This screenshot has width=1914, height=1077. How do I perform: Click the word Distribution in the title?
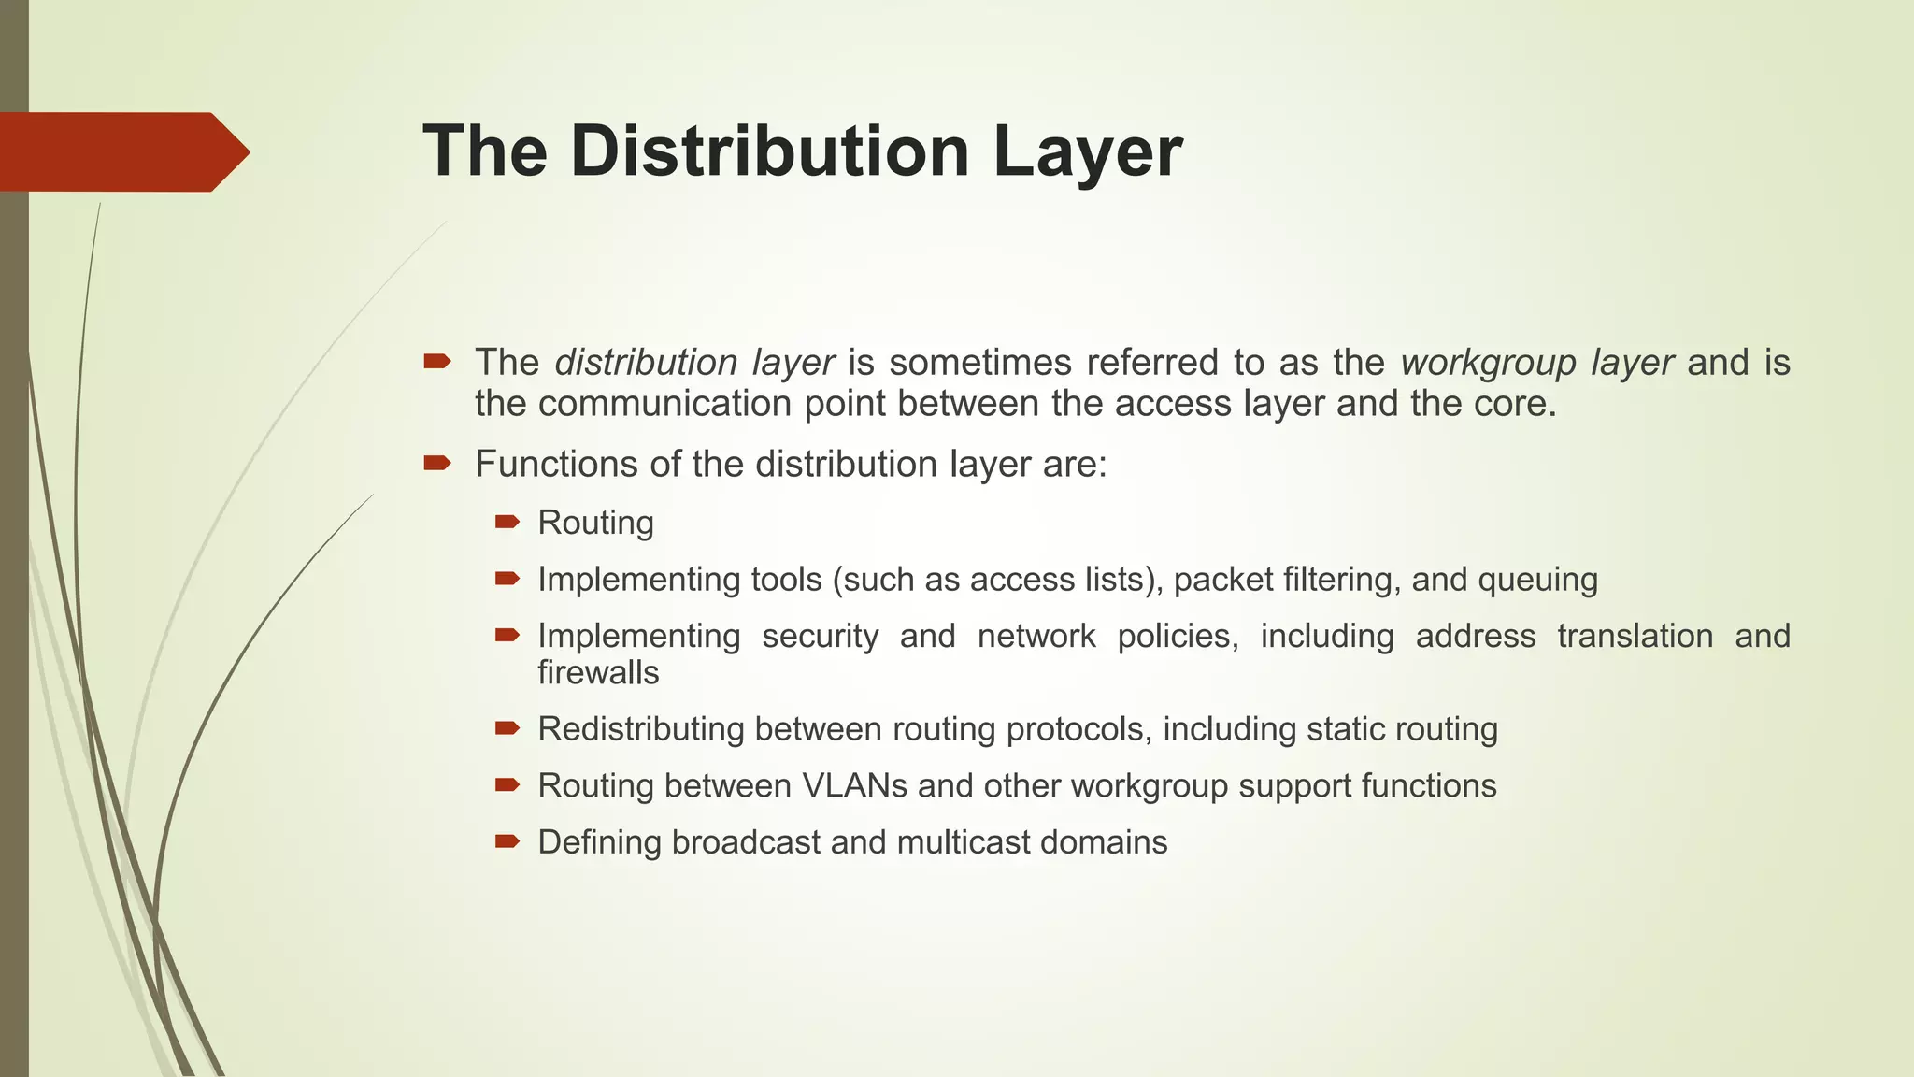(x=770, y=151)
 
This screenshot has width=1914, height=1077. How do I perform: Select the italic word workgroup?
(x=1488, y=363)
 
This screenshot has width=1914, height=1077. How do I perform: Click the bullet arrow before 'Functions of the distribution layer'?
(x=437, y=463)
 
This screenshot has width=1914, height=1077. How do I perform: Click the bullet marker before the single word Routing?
(x=507, y=522)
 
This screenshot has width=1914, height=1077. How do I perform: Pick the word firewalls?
(x=598, y=673)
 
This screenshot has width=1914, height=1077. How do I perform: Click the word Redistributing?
(x=640, y=729)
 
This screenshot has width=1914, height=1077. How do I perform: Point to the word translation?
(x=1635, y=637)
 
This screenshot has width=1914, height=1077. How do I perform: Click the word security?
(x=820, y=637)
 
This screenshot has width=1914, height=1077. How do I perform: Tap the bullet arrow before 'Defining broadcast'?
(x=507, y=841)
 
